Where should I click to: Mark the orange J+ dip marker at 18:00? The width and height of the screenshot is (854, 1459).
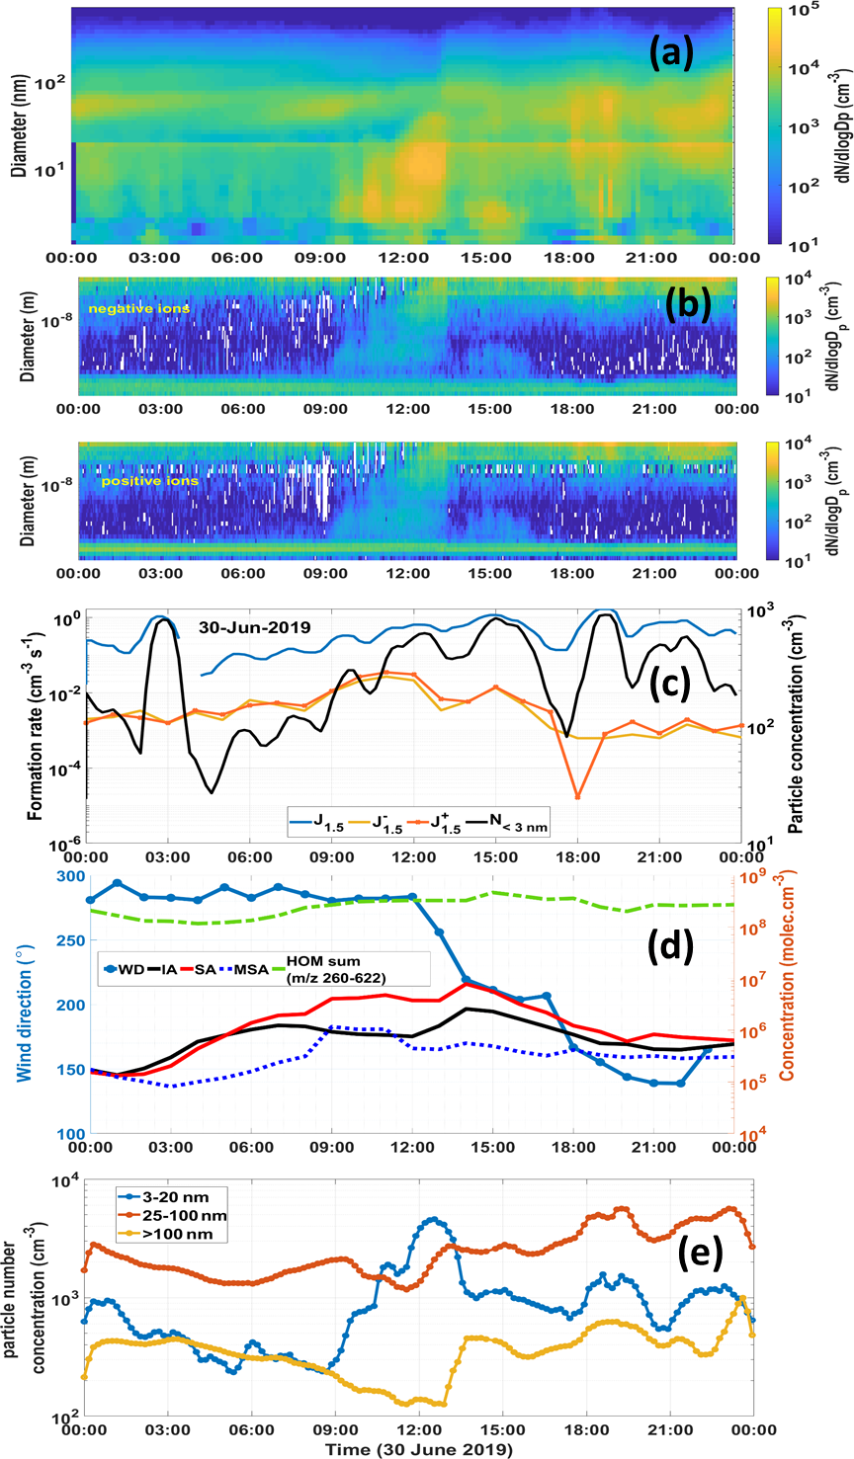point(577,796)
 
